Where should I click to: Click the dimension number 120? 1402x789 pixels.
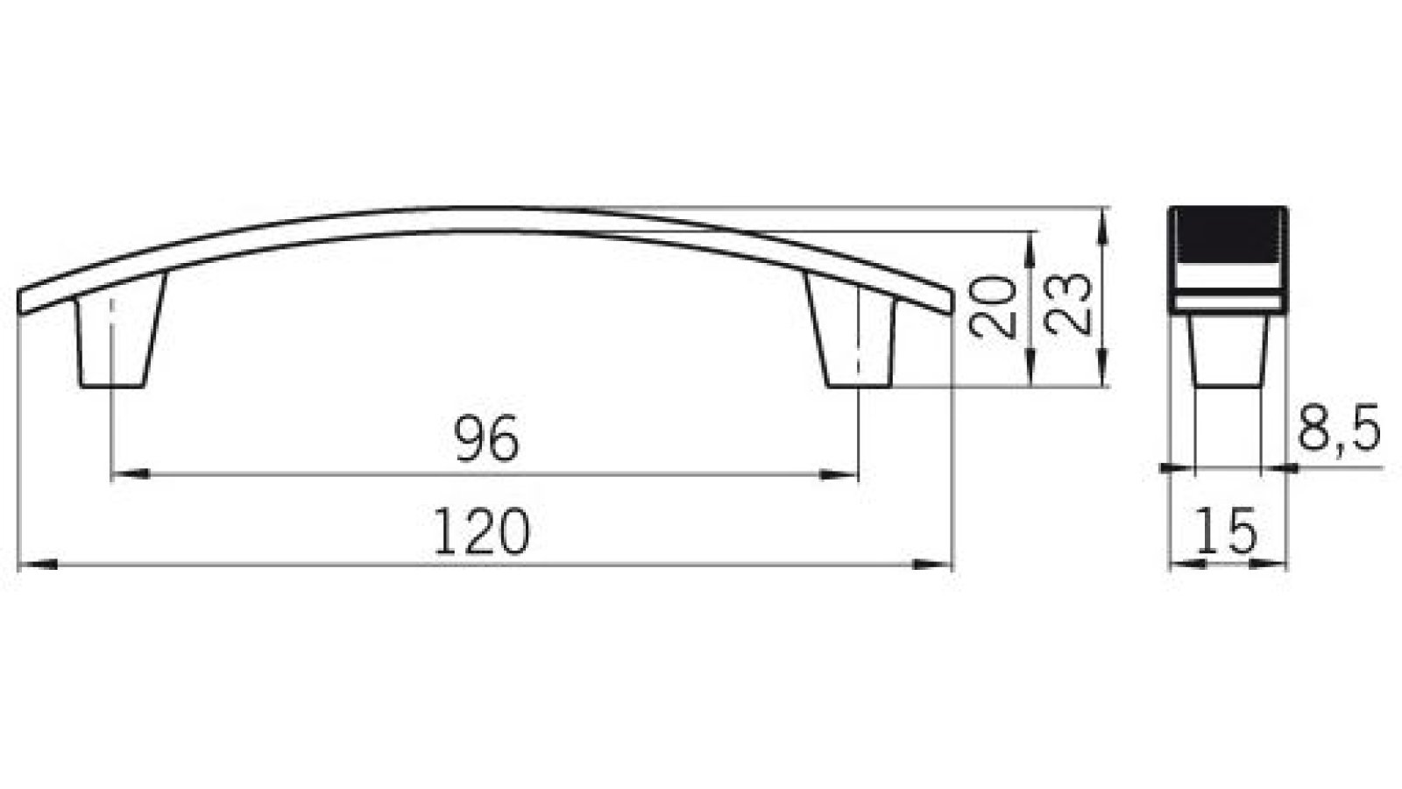coord(482,532)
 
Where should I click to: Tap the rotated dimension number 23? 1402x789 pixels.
coord(1070,302)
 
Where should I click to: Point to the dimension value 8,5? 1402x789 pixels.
coord(1338,428)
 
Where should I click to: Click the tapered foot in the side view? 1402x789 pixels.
coord(1229,351)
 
